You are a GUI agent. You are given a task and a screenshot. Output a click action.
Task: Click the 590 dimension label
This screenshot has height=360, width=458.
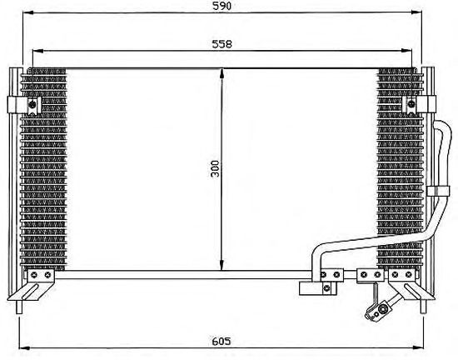pyautogui.click(x=222, y=6)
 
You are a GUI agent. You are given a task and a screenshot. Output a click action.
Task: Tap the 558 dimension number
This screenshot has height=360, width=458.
pyautogui.click(x=222, y=44)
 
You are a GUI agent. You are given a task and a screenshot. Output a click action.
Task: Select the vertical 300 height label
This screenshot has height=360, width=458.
pyautogui.click(x=216, y=168)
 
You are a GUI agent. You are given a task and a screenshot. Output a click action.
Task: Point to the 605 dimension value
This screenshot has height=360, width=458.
pyautogui.click(x=222, y=341)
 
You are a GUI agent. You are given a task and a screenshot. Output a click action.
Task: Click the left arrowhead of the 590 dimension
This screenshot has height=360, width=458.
pyautogui.click(x=28, y=12)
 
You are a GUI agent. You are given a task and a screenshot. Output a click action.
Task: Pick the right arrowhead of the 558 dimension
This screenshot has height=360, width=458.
pyautogui.click(x=406, y=51)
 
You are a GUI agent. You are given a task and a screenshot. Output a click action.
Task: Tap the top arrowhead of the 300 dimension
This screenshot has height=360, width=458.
pyautogui.click(x=222, y=73)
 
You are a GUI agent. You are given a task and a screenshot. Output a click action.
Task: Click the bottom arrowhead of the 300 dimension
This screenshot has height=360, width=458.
pyautogui.click(x=222, y=265)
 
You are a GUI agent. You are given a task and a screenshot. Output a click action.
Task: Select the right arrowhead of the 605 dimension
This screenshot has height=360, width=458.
pyautogui.click(x=417, y=347)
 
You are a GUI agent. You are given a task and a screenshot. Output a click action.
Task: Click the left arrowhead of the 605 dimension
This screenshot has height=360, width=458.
pyautogui.click(x=24, y=347)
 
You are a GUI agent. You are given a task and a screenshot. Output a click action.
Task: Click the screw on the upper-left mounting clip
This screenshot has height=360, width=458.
pyautogui.click(x=32, y=103)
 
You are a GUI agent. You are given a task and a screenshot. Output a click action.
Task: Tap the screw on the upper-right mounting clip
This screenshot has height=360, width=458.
pyautogui.click(x=411, y=103)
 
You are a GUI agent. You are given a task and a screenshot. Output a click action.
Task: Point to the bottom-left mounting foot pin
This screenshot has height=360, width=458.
pyautogui.click(x=19, y=307)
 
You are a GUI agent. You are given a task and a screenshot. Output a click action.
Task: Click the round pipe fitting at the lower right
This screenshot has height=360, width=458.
pyautogui.click(x=381, y=308)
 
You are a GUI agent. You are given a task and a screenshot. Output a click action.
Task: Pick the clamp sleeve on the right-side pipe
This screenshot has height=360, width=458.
pyautogui.click(x=438, y=191)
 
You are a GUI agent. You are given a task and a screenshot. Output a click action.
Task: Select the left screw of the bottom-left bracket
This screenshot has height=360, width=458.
pyautogui.click(x=34, y=275)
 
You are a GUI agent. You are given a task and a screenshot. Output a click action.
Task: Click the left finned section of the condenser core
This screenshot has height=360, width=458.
pyautogui.click(x=43, y=169)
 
